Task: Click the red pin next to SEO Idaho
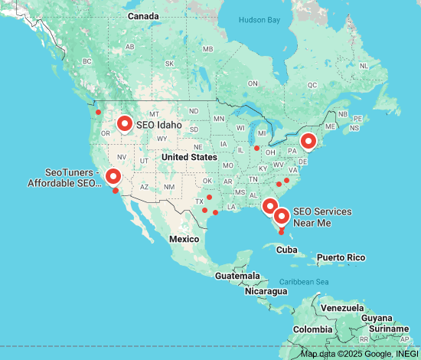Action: click(125, 122)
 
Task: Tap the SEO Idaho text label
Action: click(159, 125)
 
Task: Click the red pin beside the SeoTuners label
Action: click(113, 176)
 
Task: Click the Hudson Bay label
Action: click(260, 20)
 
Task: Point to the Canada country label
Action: click(143, 16)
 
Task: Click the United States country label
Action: click(189, 157)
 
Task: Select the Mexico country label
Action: click(184, 239)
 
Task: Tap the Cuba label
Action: click(286, 250)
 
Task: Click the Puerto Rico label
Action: click(341, 257)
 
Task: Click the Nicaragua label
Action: click(266, 291)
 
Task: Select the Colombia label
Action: click(312, 329)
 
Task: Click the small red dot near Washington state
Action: click(98, 113)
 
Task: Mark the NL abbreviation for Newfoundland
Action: click(364, 66)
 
